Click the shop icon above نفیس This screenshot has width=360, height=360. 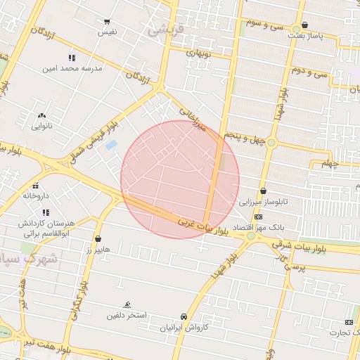tap(107, 22)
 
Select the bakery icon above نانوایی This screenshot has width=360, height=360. tap(41, 115)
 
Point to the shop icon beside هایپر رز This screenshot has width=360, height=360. tap(97, 239)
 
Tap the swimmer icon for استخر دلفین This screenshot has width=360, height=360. tap(127, 304)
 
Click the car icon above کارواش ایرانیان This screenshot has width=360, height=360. tap(184, 316)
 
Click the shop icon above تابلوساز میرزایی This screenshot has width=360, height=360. tap(263, 191)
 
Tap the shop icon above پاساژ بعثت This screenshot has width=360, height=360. tap(304, 25)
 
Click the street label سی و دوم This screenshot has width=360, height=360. tap(311, 70)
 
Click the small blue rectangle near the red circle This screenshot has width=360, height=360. tap(111, 144)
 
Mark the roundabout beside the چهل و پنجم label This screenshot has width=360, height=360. tap(271, 143)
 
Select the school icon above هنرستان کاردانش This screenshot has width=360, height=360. tap(46, 212)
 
